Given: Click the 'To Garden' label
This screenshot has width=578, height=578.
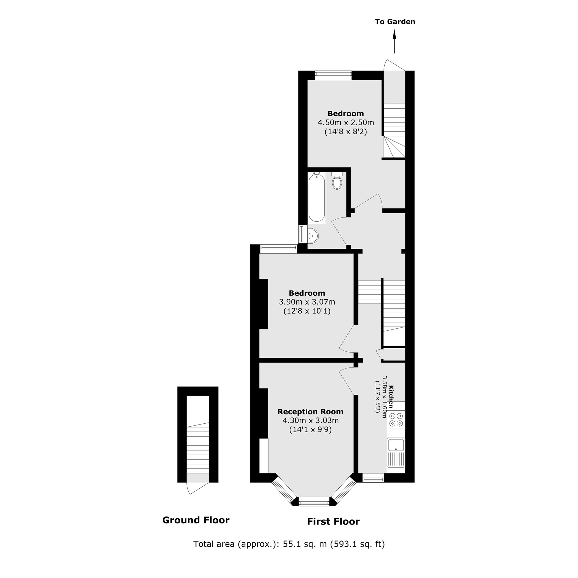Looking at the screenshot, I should tap(395, 22).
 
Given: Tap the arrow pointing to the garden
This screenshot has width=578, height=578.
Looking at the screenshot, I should tap(394, 42).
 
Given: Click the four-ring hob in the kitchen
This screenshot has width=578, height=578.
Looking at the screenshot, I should tap(396, 419).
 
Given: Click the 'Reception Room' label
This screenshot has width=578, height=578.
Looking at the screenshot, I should tap(310, 412).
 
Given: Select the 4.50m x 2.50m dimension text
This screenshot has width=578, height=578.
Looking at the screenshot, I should tap(346, 122).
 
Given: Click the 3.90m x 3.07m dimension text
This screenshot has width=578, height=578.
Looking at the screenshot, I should tap(307, 302).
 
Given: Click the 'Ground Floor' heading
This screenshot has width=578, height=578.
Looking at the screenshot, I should tap(196, 520).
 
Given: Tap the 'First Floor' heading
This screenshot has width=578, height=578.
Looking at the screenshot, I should tap(333, 521).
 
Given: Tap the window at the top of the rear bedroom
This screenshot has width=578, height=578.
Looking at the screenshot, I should tap(333, 75).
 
